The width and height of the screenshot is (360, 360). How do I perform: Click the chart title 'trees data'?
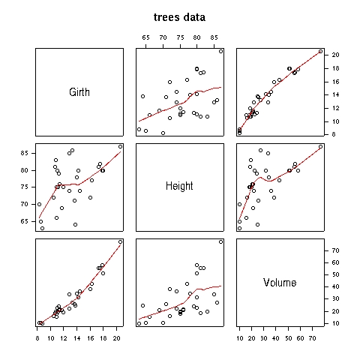pyautogui.click(x=179, y=17)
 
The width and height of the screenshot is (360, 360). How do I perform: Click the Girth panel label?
pyautogui.click(x=79, y=92)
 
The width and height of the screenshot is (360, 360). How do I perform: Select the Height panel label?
pyautogui.click(x=179, y=186)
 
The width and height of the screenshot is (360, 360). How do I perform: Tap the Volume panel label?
pyautogui.click(x=280, y=283)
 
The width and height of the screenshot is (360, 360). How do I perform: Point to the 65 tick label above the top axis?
pyautogui.click(x=145, y=37)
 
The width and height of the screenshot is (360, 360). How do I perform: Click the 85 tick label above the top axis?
pyautogui.click(x=214, y=37)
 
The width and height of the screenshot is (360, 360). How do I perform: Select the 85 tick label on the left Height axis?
pyautogui.click(x=25, y=153)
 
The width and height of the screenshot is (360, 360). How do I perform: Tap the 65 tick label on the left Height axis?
pyautogui.click(x=25, y=221)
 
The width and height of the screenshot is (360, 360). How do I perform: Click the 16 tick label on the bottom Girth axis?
pyautogui.click(x=90, y=338)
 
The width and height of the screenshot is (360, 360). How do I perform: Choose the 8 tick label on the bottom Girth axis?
pyautogui.click(x=37, y=338)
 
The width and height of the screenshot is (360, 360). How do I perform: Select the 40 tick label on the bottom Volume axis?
pyautogui.click(x=276, y=338)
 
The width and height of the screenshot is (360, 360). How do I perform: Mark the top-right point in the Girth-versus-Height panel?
pyautogui.click(x=220, y=51)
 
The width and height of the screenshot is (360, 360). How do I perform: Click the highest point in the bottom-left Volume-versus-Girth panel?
pyautogui.click(x=120, y=241)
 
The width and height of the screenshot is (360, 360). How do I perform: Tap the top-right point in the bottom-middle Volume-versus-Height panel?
pyautogui.click(x=220, y=241)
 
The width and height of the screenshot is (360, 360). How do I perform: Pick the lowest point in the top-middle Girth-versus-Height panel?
pyautogui.click(x=163, y=133)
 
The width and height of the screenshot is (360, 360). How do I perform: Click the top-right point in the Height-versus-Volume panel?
pyautogui.click(x=320, y=146)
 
